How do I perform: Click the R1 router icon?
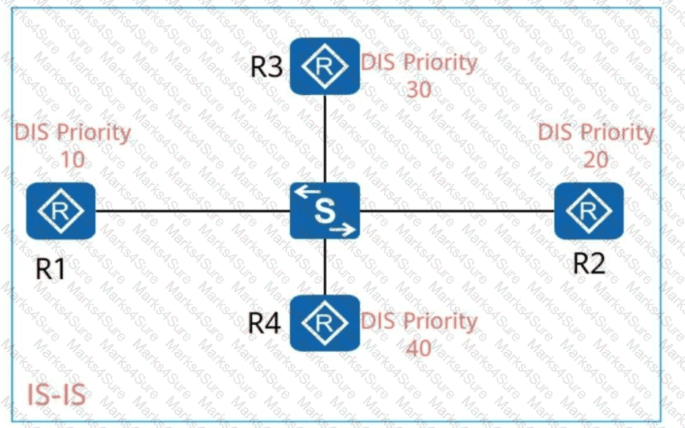(61, 211)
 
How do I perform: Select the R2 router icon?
(589, 211)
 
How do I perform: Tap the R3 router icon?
(325, 66)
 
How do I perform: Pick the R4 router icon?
(325, 322)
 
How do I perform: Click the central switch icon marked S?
(325, 211)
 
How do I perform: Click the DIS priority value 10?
(72, 157)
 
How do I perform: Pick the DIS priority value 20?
(596, 158)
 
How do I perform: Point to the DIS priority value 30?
(418, 89)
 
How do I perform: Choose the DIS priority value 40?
(418, 347)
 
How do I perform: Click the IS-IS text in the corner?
(56, 396)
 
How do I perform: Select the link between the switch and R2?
(457, 211)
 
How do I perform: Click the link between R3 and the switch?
(325, 138)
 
